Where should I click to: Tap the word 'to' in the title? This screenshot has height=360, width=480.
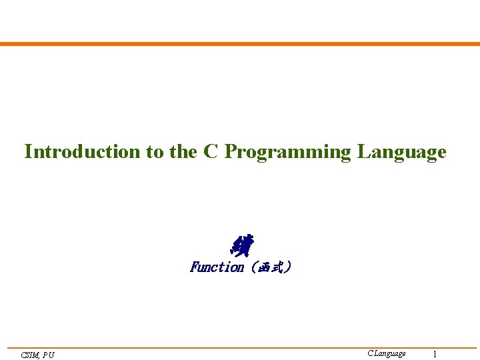[155, 152]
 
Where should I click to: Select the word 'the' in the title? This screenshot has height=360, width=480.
[183, 152]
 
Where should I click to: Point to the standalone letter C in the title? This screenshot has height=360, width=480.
[211, 152]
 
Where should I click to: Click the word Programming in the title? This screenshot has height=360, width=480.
[287, 153]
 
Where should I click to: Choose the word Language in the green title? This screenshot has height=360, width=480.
[401, 153]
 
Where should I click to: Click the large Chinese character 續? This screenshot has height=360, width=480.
[241, 245]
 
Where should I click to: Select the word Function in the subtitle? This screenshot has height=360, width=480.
[217, 267]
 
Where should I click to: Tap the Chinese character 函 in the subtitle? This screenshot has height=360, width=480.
[262, 267]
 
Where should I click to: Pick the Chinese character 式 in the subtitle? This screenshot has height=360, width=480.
[277, 267]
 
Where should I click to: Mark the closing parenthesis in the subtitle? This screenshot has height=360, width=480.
[287, 267]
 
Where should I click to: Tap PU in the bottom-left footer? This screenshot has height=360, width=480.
[49, 355]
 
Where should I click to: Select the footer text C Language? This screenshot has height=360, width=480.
[386, 353]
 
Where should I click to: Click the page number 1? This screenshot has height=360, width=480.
[435, 354]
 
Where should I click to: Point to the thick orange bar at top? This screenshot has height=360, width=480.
[240, 44]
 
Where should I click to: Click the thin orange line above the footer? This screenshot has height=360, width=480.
[240, 347]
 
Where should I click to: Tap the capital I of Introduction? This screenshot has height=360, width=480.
[28, 152]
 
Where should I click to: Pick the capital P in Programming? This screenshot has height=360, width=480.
[230, 152]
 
